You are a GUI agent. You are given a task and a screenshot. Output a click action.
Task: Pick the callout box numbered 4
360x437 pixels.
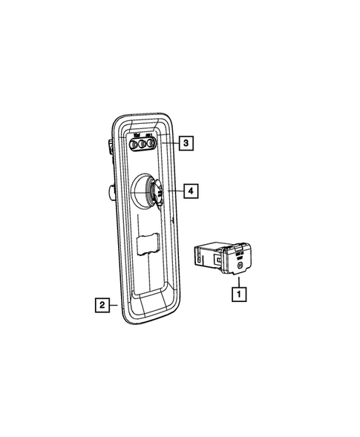(x=191, y=191)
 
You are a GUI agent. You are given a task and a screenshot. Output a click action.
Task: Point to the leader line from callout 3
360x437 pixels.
(x=170, y=142)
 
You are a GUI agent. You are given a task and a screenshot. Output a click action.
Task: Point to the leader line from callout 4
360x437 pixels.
(x=174, y=191)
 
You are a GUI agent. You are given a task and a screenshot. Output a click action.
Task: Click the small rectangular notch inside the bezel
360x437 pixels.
(x=149, y=243)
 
